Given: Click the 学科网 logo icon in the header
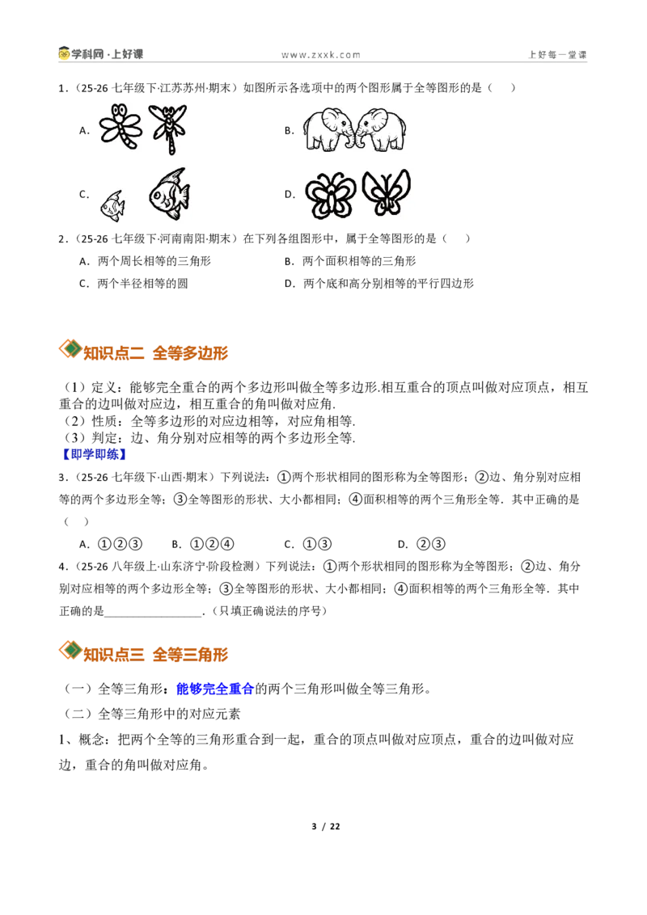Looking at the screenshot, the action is pos(64,53).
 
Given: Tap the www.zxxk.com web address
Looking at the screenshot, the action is pos(321,55).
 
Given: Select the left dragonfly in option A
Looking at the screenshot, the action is pos(121,127).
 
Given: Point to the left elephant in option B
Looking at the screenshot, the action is pos(328,129).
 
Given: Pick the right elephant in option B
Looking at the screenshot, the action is pos(381,129).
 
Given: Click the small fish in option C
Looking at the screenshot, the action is pos(112,206).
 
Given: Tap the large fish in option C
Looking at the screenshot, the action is pos(169,194).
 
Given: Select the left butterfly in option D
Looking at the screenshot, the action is pos(331,195).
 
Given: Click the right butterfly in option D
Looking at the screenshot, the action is pos(386,193).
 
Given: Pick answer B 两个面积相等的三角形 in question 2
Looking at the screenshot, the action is pos(350,261).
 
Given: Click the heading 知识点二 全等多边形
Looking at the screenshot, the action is pos(155,353).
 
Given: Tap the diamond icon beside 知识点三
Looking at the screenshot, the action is pos(70,650).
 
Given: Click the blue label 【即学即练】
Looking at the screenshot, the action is pos(94,454).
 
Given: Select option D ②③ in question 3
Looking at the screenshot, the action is pos(421,545).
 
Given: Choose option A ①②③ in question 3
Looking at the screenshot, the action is pos(111,545).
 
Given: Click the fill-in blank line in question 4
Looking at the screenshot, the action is pos(153,616).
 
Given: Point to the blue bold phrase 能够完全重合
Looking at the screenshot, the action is pos(215,689).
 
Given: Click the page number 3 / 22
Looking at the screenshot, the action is pos(326,826).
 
